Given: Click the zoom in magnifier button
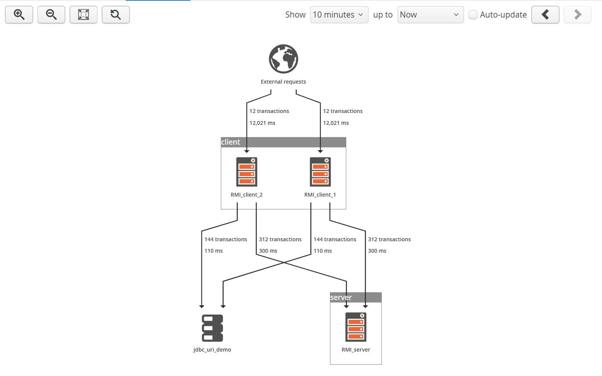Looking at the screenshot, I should pos(19,15).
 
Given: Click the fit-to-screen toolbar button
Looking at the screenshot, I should pos(83,15).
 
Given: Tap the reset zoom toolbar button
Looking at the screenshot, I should pos(115,15).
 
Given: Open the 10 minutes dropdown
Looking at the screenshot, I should pos(339,15).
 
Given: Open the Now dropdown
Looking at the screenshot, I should pos(430,15).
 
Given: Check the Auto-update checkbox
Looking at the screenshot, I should pos(473,15).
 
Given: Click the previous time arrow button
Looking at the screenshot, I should pos(545,15).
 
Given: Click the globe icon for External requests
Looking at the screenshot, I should pos(283,59).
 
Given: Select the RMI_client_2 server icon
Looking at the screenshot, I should pos(247,172).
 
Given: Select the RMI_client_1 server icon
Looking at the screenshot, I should pos(320,172).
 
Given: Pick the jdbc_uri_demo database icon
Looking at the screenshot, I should pos(212,328).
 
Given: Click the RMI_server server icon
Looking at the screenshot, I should pos(356,327).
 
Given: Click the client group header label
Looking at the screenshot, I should pos(231,142).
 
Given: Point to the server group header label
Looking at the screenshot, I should pos(341,297).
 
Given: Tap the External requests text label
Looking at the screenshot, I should pos(283,82).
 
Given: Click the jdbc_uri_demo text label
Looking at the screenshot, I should pos(212,350).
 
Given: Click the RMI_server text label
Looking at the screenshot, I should pos(356,350).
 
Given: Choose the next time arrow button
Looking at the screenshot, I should pos(577,15).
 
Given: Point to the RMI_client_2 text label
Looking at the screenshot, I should pos(247,195).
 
